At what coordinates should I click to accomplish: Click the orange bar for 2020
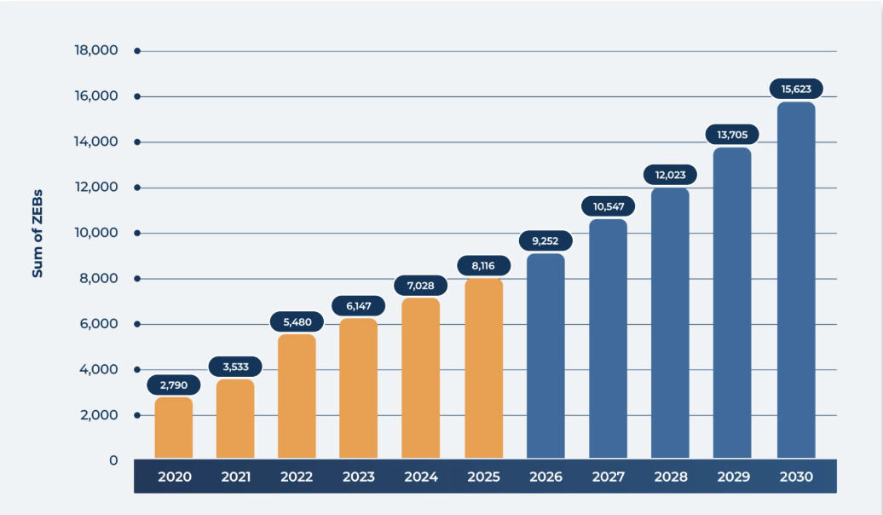click(174, 428)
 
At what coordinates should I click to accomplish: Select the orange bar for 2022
click(297, 396)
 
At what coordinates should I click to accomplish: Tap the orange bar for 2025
click(483, 369)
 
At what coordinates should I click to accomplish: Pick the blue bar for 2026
click(545, 356)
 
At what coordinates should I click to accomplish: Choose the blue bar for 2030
click(796, 281)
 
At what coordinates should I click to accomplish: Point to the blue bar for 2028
click(670, 323)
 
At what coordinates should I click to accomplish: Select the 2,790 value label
click(174, 385)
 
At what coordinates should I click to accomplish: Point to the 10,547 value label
click(609, 206)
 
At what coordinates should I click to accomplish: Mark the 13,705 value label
click(732, 135)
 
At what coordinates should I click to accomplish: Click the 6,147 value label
click(358, 305)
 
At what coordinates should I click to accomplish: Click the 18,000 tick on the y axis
click(96, 51)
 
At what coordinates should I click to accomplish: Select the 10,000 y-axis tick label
click(96, 233)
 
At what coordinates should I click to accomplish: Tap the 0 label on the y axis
click(113, 460)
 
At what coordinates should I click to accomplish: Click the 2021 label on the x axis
click(235, 477)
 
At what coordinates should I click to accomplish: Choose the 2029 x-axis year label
click(733, 477)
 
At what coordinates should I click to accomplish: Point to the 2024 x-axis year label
click(420, 477)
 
